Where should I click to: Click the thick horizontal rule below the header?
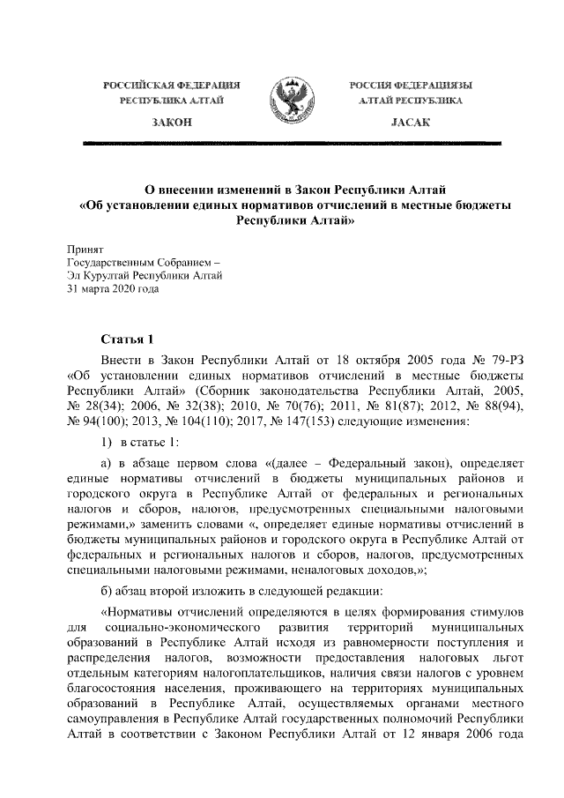[282, 142]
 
